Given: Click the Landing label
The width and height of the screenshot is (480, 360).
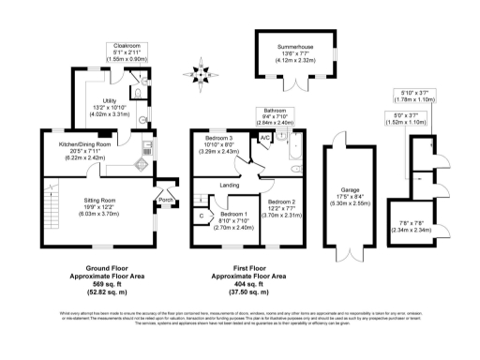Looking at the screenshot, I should tap(229, 185).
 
